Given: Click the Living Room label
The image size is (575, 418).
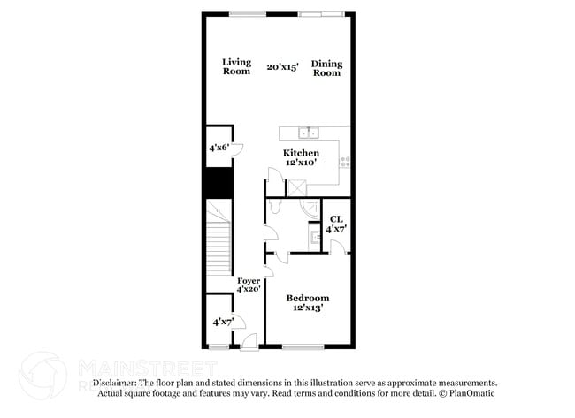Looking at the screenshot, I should [x=236, y=66].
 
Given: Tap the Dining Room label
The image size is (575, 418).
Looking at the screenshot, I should [x=326, y=68].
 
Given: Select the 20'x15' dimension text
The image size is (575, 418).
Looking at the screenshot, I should [x=284, y=66].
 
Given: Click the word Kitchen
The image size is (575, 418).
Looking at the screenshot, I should [x=301, y=153].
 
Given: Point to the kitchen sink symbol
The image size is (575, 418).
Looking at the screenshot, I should [x=309, y=133].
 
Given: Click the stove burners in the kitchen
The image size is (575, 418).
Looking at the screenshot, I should [x=345, y=161].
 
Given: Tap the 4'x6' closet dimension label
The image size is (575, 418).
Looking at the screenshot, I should [x=218, y=148].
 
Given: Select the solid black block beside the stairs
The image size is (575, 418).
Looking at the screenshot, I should [x=218, y=182].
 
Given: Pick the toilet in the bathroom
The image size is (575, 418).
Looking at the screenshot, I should [x=274, y=207].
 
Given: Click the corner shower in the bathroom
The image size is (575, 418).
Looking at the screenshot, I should [x=311, y=209].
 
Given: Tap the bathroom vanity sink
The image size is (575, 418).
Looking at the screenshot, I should [x=314, y=236].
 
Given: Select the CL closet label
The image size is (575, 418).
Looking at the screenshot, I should [x=335, y=219].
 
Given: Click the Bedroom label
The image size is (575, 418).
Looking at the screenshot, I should [x=308, y=298].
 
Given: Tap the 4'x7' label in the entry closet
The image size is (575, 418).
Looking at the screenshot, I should [x=222, y=323].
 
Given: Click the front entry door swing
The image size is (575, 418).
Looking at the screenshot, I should [x=249, y=340].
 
